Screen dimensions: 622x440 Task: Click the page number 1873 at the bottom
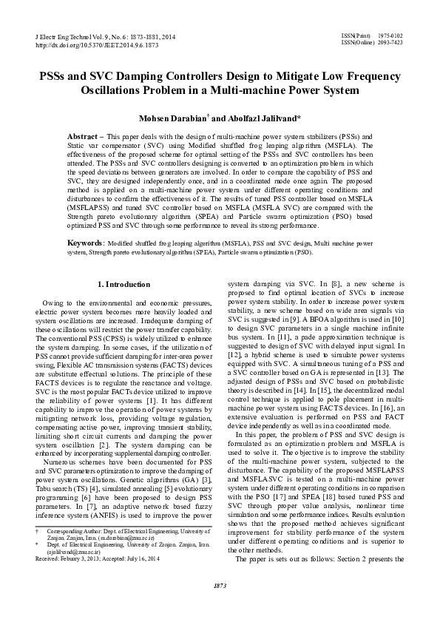219,606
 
